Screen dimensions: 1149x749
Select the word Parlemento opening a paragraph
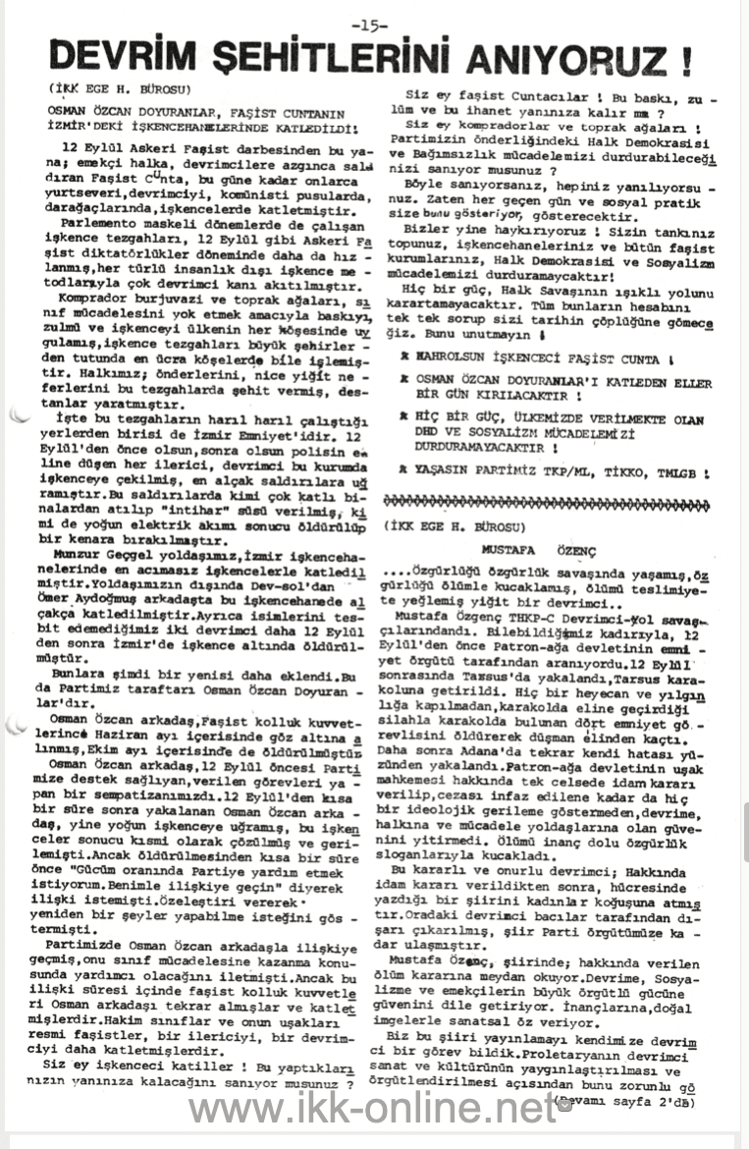(x=94, y=223)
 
